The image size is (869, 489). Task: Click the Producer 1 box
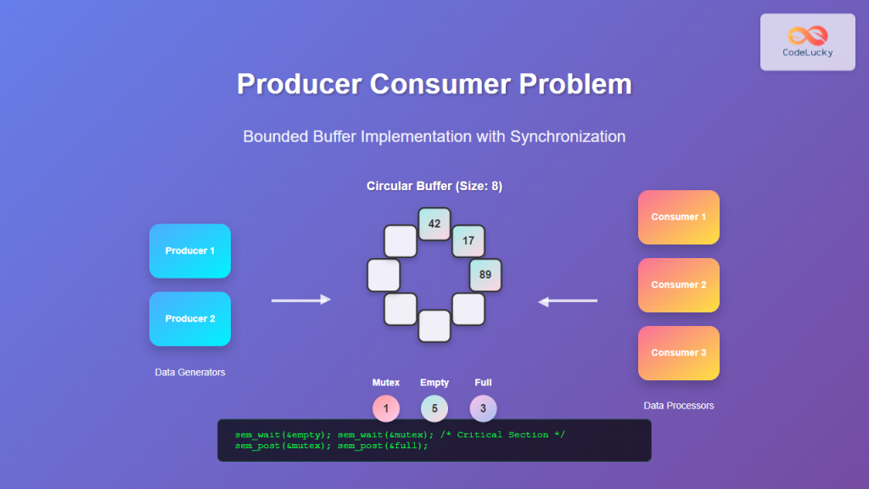(x=190, y=251)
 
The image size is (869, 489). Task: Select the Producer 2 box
(x=190, y=319)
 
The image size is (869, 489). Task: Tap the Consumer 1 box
(x=679, y=217)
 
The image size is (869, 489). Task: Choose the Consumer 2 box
(x=679, y=285)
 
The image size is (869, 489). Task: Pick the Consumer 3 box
(x=679, y=353)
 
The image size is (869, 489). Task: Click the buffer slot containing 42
(x=434, y=224)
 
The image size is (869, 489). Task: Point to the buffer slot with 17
(x=468, y=241)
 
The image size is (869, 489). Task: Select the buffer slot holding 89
(x=485, y=275)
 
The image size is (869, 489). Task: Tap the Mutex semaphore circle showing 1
(x=386, y=408)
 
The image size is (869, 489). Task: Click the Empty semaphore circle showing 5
(x=434, y=408)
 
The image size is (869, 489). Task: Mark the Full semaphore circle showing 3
(x=483, y=408)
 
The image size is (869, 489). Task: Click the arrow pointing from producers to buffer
(x=301, y=300)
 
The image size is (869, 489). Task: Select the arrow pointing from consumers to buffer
(x=568, y=301)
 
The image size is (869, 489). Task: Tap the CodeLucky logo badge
(x=807, y=42)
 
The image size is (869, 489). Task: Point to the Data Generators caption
(x=190, y=372)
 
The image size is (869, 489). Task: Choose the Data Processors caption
(x=679, y=406)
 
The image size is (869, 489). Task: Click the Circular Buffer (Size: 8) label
(x=434, y=186)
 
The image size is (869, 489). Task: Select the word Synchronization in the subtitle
(x=568, y=136)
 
